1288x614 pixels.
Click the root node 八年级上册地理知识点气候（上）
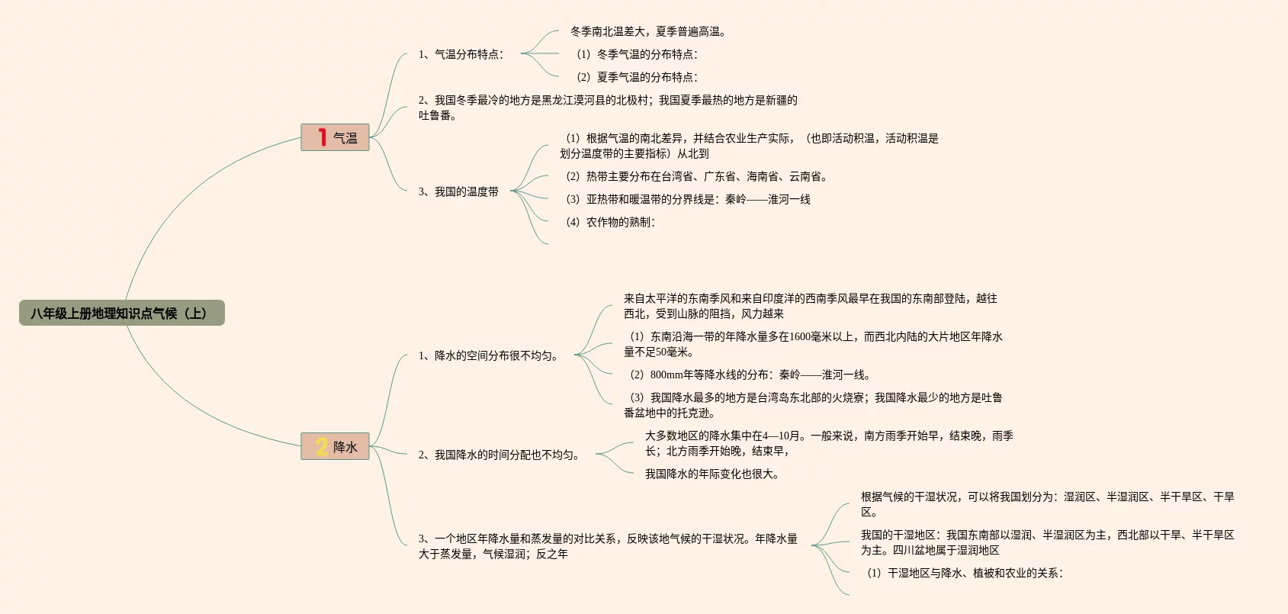[x=121, y=313]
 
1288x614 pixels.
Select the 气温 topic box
[x=335, y=137]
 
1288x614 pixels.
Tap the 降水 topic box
[x=335, y=446]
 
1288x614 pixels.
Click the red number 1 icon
[x=322, y=137]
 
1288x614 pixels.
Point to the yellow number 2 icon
[x=322, y=446]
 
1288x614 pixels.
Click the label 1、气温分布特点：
[x=461, y=54]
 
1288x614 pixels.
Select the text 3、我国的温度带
[x=458, y=191]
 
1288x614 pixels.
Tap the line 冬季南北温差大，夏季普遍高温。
[x=648, y=31]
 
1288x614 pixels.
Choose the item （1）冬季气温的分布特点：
[x=637, y=54]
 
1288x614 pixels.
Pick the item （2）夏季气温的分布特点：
[x=637, y=77]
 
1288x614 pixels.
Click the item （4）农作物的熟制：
[x=610, y=222]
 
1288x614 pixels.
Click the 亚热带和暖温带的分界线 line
[x=688, y=199]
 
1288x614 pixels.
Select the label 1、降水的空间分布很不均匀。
[x=489, y=355]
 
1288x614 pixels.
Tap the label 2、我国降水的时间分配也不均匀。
[x=499, y=455]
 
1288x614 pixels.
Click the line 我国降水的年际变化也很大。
[x=712, y=474]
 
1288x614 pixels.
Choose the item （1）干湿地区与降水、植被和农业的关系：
[x=965, y=573]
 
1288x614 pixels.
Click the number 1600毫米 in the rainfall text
[x=811, y=336]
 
